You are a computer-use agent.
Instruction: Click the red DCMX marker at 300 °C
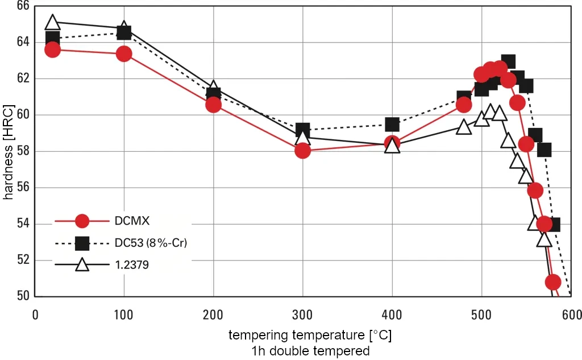(x=302, y=151)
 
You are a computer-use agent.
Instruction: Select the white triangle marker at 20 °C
(x=52, y=23)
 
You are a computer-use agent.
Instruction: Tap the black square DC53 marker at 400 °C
(x=392, y=125)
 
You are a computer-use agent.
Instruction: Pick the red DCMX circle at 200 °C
(x=213, y=105)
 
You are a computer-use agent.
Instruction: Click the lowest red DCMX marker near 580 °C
(x=553, y=282)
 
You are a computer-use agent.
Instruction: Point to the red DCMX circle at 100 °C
(x=124, y=54)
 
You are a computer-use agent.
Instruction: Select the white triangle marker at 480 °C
(x=464, y=127)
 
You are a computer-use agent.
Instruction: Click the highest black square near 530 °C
(x=508, y=61)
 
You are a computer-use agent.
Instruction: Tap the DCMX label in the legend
(x=133, y=221)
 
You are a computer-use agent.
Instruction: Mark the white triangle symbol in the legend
(x=82, y=264)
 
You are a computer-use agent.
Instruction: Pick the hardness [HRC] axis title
(x=9, y=151)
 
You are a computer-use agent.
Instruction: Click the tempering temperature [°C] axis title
(x=310, y=335)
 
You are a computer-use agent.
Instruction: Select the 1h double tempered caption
(x=310, y=350)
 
